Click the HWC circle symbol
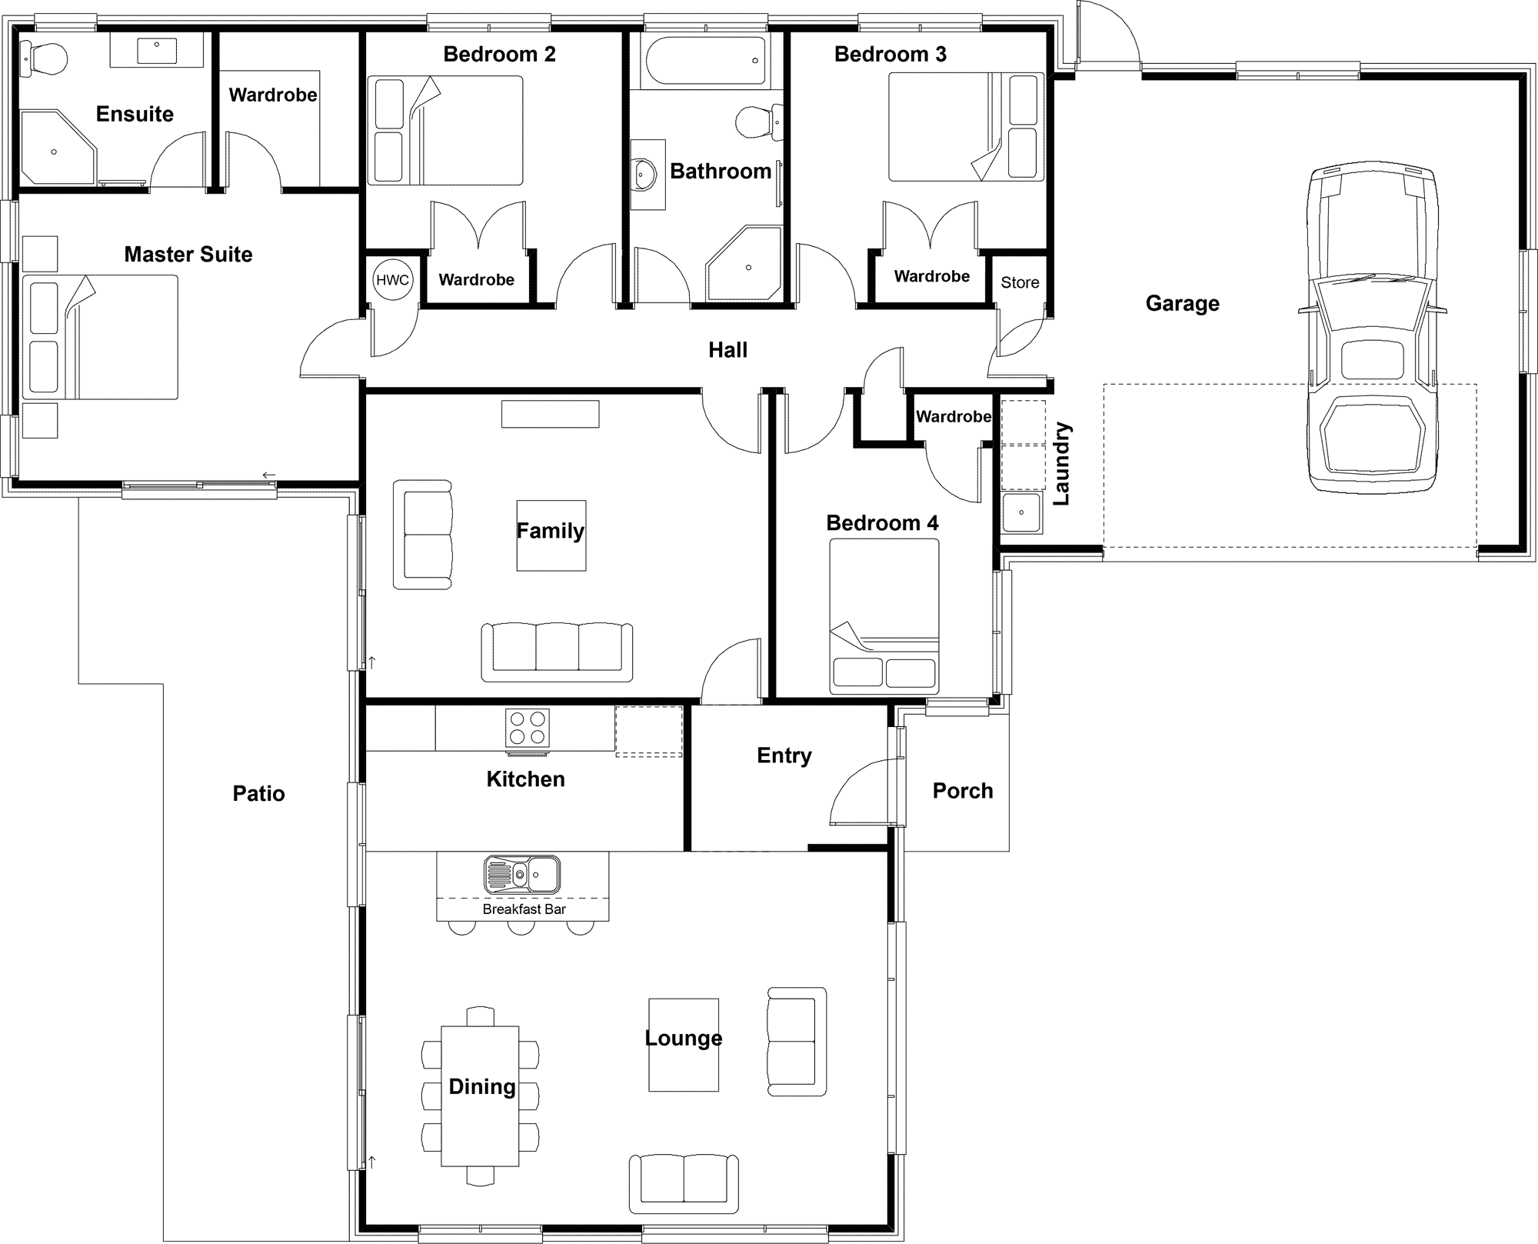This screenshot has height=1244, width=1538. tap(392, 280)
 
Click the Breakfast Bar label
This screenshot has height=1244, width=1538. tap(524, 909)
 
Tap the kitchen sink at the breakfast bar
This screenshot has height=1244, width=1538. tap(522, 874)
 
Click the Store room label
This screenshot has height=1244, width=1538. tap(1020, 282)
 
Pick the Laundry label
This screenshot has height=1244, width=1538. tap(1061, 463)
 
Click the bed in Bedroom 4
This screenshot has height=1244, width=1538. tap(884, 616)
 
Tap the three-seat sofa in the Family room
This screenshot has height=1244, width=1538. tap(557, 652)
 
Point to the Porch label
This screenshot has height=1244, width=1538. tap(963, 791)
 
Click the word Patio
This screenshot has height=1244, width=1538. tap(259, 794)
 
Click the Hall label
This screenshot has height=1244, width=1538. tap(727, 350)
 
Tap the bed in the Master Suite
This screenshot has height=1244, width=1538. tap(100, 337)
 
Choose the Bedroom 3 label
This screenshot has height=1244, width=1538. tap(891, 54)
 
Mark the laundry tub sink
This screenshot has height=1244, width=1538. tap(1022, 513)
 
